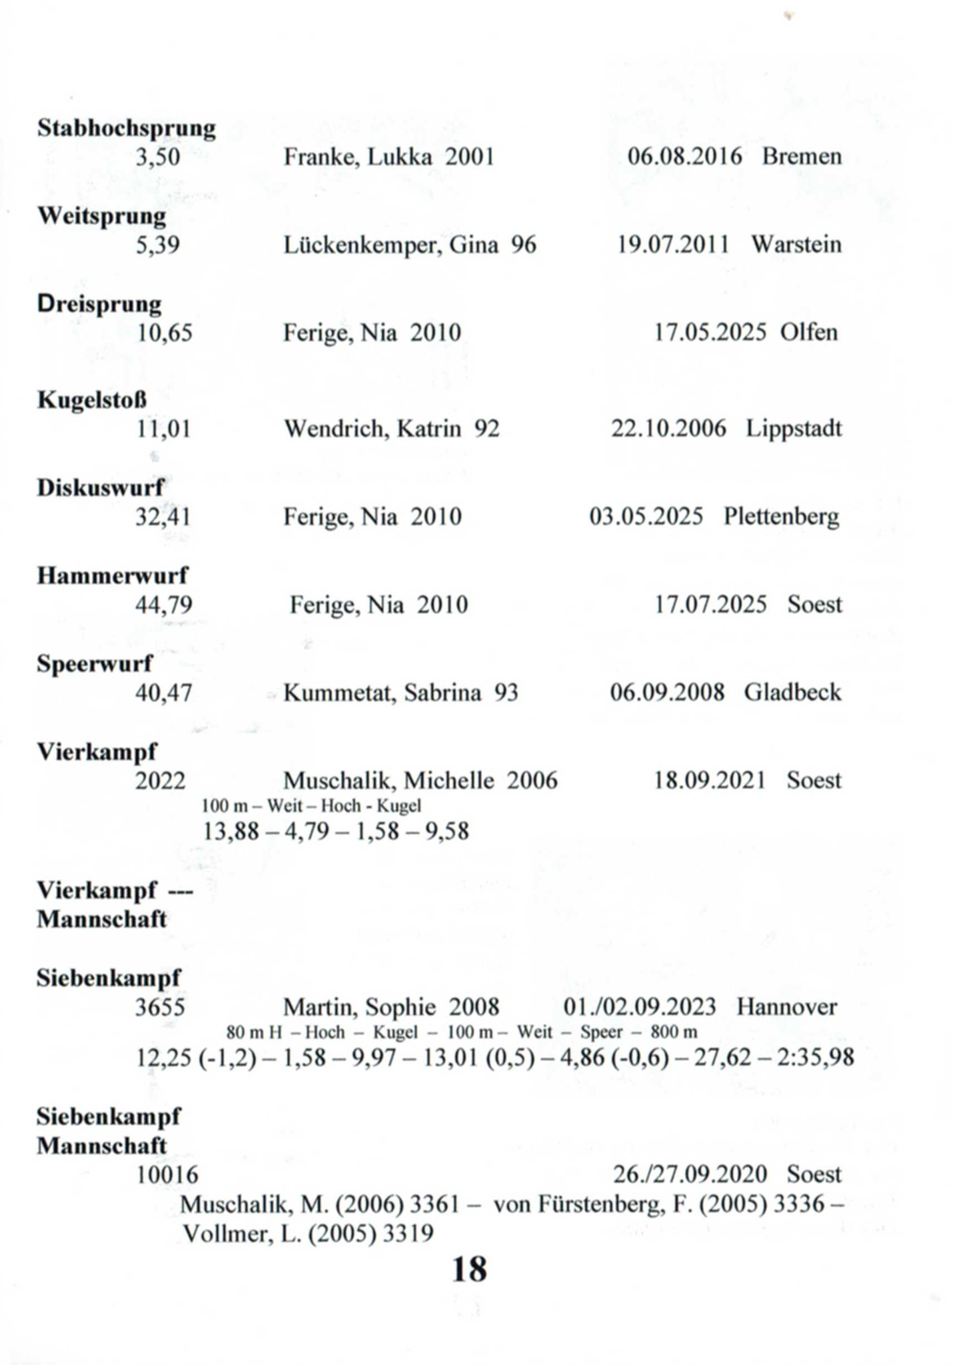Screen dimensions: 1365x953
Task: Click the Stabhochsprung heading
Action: pyautogui.click(x=126, y=128)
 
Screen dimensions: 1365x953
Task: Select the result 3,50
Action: pyautogui.click(x=158, y=157)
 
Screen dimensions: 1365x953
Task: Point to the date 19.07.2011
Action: pyautogui.click(x=673, y=245)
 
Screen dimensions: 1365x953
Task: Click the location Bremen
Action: pyautogui.click(x=802, y=157)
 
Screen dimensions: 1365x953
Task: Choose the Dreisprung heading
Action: pyautogui.click(x=99, y=304)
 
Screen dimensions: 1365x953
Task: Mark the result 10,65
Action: pyautogui.click(x=164, y=333)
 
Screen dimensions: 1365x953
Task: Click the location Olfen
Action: pyautogui.click(x=808, y=332)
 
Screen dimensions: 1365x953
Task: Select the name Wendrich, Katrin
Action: pyautogui.click(x=373, y=429)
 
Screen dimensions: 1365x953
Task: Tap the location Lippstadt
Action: pyautogui.click(x=793, y=429)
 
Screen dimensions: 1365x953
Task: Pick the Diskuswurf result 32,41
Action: pyautogui.click(x=163, y=517)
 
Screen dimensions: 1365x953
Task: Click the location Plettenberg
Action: pyautogui.click(x=781, y=517)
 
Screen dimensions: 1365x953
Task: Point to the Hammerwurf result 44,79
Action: pyautogui.click(x=164, y=605)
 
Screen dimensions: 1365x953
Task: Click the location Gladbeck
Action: pyautogui.click(x=792, y=692)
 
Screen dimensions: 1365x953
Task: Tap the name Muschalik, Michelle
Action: pyautogui.click(x=389, y=780)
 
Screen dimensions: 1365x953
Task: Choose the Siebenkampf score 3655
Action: pyautogui.click(x=160, y=1006)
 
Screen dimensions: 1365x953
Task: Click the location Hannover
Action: pyautogui.click(x=786, y=1006)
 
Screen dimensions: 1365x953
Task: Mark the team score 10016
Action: pyautogui.click(x=167, y=1174)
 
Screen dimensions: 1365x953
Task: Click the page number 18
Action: pyautogui.click(x=469, y=1269)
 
